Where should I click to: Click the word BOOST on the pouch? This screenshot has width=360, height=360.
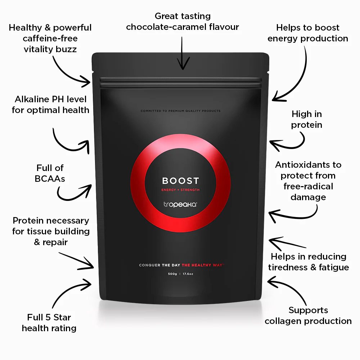(x=180, y=181)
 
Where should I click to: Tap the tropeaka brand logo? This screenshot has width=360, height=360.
(x=180, y=204)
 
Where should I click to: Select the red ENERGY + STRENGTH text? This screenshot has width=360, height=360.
(x=180, y=190)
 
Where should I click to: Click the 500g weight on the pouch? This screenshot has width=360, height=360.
(x=172, y=274)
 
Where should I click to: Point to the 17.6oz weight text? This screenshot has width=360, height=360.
(x=188, y=274)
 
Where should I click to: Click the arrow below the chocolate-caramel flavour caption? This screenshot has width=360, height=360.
(x=183, y=53)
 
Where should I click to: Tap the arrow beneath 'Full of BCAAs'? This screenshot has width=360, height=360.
(x=73, y=193)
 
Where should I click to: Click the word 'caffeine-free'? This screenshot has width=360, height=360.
(x=50, y=39)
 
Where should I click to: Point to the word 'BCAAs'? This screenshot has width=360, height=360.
(x=50, y=179)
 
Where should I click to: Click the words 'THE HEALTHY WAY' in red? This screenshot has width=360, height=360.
(x=202, y=265)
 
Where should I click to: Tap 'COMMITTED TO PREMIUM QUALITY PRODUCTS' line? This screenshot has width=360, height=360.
(x=180, y=111)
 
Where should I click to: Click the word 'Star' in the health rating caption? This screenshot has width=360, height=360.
(x=62, y=317)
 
